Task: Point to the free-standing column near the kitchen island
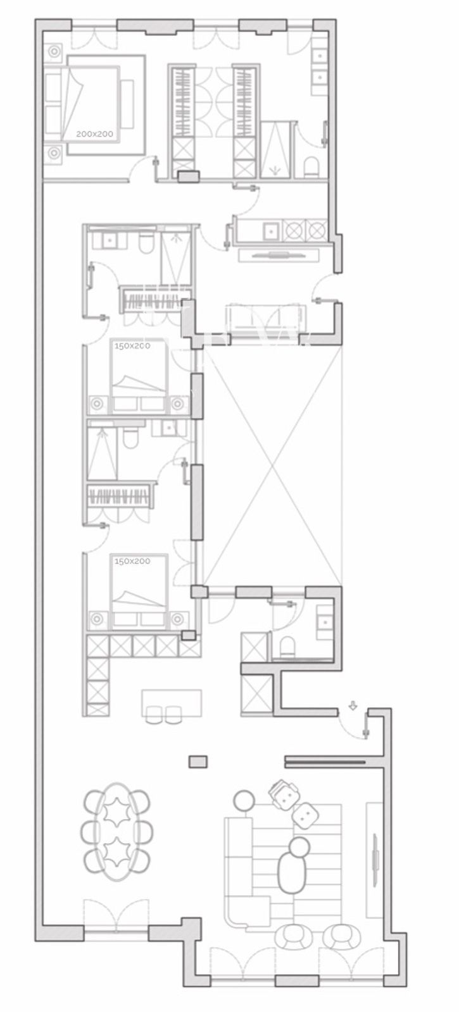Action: coord(198,762)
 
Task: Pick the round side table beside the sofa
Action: coord(244,801)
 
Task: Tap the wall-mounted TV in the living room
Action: coord(376,854)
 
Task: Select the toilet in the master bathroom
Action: coord(310,166)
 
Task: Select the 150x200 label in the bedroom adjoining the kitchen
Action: coord(132,561)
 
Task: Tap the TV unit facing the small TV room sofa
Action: coord(279,256)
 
